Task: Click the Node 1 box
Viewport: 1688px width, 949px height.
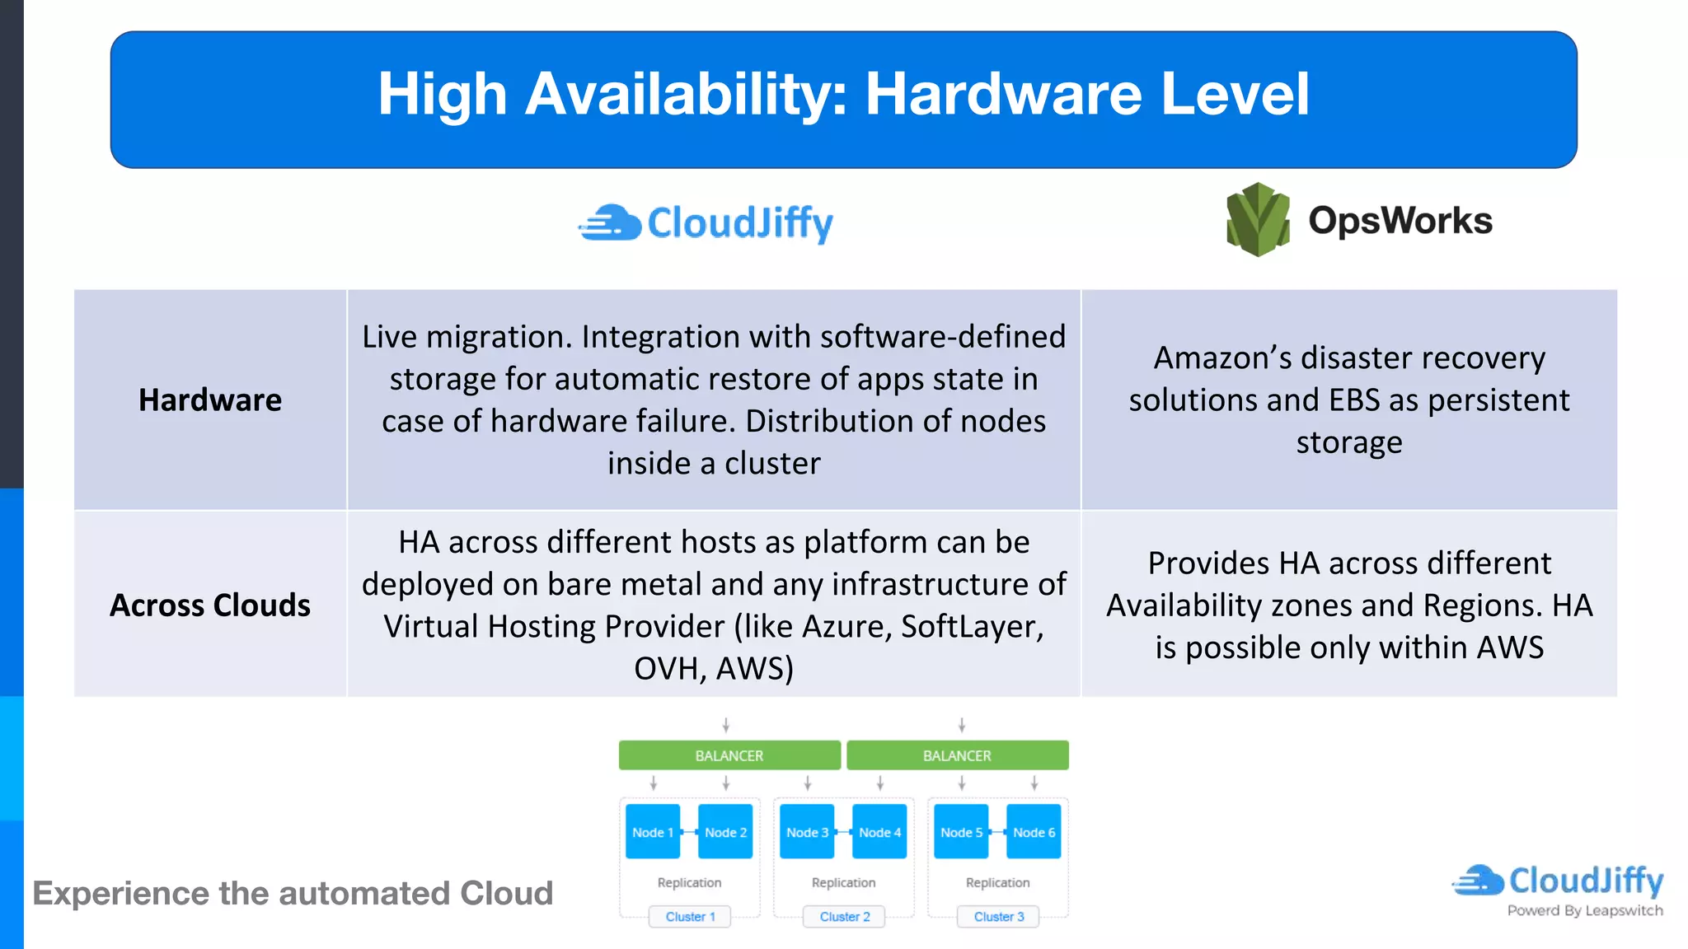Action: pos(653,832)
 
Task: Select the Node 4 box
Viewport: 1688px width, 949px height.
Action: pos(879,832)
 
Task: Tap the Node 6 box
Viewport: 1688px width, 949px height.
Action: pos(1034,832)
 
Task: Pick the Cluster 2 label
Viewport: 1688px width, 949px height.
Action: pos(844,917)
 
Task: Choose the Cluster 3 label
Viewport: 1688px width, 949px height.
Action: pos(998,917)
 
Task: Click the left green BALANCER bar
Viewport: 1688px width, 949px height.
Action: pos(729,755)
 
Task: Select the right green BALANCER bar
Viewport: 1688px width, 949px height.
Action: pos(957,755)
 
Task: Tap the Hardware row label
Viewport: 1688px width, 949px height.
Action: pos(210,400)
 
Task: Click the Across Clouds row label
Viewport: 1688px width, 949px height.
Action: pos(210,605)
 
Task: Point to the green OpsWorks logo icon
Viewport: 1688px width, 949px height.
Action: pos(1258,220)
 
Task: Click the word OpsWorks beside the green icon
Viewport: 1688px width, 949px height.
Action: pos(1400,221)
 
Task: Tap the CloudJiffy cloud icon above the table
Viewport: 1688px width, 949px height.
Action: pos(611,223)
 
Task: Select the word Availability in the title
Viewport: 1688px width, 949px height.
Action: pos(680,94)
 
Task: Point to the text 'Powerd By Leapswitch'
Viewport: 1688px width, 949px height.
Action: pos(1584,910)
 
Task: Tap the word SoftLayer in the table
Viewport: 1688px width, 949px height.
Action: pos(972,627)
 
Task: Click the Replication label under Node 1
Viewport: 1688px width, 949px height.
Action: pos(689,882)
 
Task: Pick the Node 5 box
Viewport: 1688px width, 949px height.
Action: pos(961,832)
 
